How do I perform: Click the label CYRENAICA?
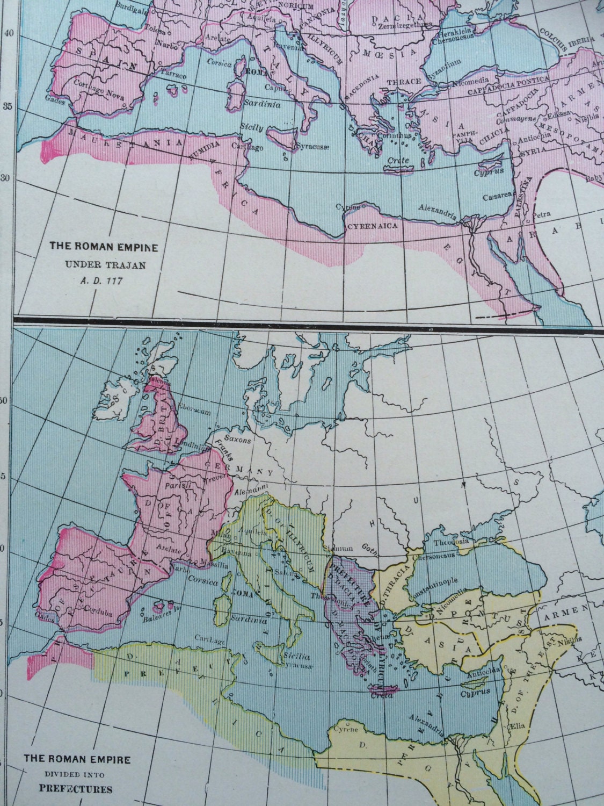click(373, 226)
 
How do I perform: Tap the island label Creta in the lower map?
click(382, 695)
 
